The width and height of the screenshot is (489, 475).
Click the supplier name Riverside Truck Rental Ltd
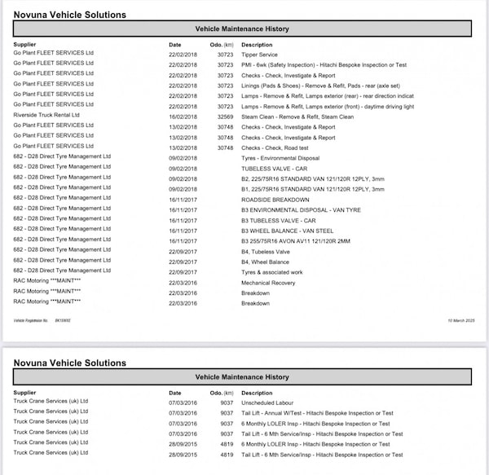point(46,115)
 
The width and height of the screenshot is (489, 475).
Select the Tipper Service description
point(260,55)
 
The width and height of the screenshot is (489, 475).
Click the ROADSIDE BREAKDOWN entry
point(275,200)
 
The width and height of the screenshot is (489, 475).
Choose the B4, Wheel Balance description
point(265,262)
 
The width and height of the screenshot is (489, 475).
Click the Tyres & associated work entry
point(272,272)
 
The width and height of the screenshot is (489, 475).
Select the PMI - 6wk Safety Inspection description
point(323,64)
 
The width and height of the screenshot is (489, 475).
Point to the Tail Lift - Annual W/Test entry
point(322,412)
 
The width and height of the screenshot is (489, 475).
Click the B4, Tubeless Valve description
point(265,252)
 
